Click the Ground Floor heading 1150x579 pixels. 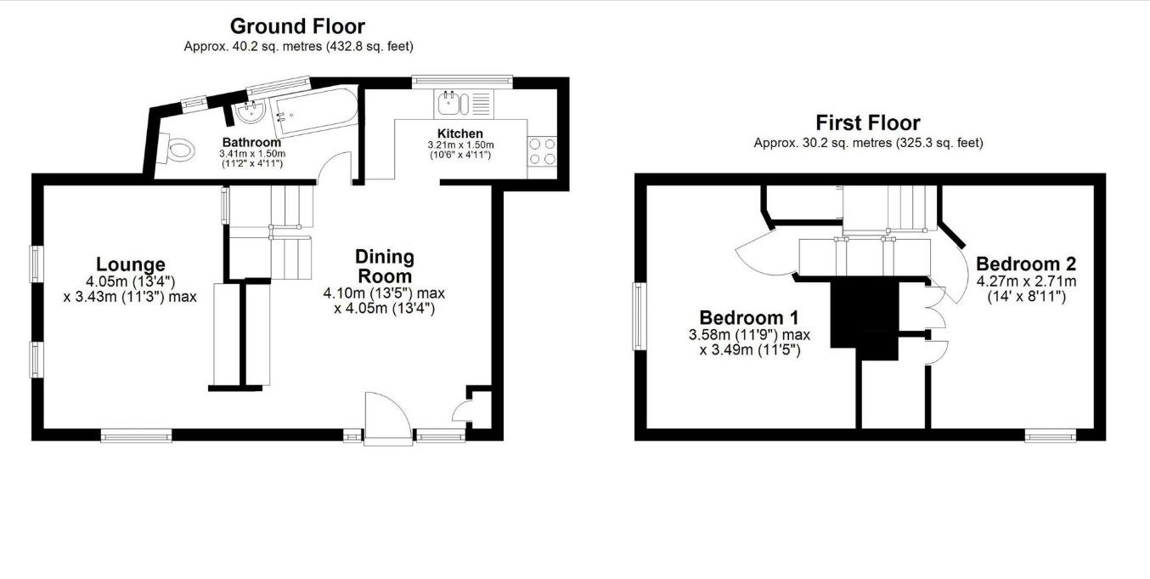pos(297,26)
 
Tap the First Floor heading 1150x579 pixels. pos(868,123)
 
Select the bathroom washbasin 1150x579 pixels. pos(250,112)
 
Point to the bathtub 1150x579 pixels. pos(315,112)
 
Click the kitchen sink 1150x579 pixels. pos(453,103)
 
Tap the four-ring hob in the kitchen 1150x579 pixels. pos(542,150)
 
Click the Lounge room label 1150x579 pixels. pos(131,264)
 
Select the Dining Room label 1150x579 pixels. pos(385,266)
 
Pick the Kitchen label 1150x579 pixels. pos(460,133)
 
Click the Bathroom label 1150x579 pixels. pos(251,142)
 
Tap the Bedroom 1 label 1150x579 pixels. pos(749,317)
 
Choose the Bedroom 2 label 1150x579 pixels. pos(1026,264)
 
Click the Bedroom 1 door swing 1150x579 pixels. pos(765,257)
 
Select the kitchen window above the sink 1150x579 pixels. pos(462,80)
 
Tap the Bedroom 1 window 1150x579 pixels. pos(639,316)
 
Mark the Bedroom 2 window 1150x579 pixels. pos(1051,436)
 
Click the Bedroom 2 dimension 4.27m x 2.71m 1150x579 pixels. pos(1026,281)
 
